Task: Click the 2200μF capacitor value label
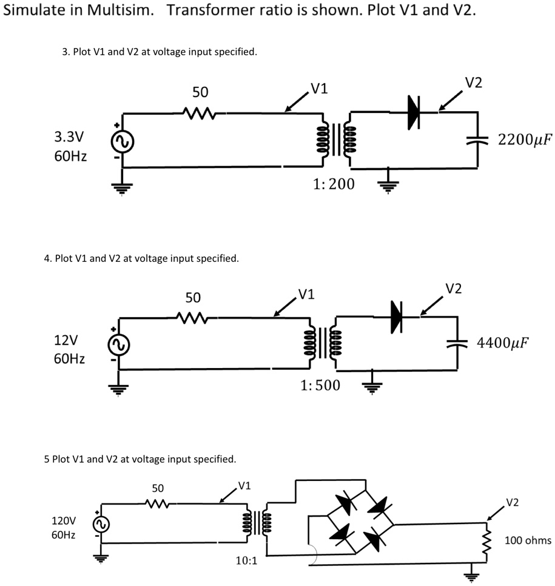coord(525,140)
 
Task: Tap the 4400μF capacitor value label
coord(503,342)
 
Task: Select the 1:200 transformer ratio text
coord(334,184)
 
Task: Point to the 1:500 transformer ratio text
coord(320,386)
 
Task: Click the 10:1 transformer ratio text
coord(246,560)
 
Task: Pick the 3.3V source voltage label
coord(69,137)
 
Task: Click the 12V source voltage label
coord(66,340)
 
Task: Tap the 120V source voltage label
coord(64,520)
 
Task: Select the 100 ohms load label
coord(528,540)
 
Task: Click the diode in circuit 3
coord(414,112)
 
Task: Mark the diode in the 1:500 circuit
coord(396,317)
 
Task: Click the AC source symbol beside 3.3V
coord(123,142)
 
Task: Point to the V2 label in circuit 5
coord(513,503)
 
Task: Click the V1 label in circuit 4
coord(306,295)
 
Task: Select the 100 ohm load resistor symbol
coord(486,541)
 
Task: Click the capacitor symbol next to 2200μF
coord(477,140)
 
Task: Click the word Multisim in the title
coord(120,10)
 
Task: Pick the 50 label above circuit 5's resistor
coord(158,488)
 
